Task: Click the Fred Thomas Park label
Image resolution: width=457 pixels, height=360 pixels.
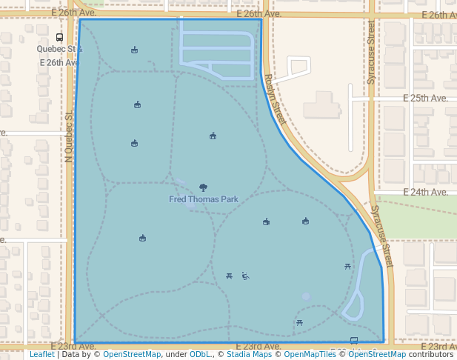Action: pyautogui.click(x=204, y=199)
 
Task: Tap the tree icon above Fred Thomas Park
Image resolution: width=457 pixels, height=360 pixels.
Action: pyautogui.click(x=204, y=187)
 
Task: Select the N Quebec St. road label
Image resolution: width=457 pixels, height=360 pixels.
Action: pyautogui.click(x=69, y=137)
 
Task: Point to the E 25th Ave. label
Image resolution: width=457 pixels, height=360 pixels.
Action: pyautogui.click(x=425, y=98)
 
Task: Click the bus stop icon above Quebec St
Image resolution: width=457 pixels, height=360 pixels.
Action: pyautogui.click(x=59, y=38)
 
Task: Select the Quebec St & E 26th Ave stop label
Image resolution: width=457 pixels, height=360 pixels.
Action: pyautogui.click(x=59, y=56)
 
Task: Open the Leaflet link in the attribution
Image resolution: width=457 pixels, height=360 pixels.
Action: pyautogui.click(x=41, y=354)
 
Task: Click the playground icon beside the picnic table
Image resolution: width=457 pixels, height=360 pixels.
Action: pyautogui.click(x=245, y=277)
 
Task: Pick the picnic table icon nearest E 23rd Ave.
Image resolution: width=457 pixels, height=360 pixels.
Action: pyautogui.click(x=299, y=322)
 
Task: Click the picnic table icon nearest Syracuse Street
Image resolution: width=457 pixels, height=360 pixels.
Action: pyautogui.click(x=347, y=266)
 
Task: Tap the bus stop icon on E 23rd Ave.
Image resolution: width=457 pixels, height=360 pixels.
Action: pyautogui.click(x=353, y=341)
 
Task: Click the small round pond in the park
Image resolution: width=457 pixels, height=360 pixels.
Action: pyautogui.click(x=306, y=296)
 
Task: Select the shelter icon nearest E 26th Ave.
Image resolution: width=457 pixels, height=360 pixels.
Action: pyautogui.click(x=134, y=50)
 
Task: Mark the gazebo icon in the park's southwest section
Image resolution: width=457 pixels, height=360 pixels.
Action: pyautogui.click(x=142, y=238)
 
